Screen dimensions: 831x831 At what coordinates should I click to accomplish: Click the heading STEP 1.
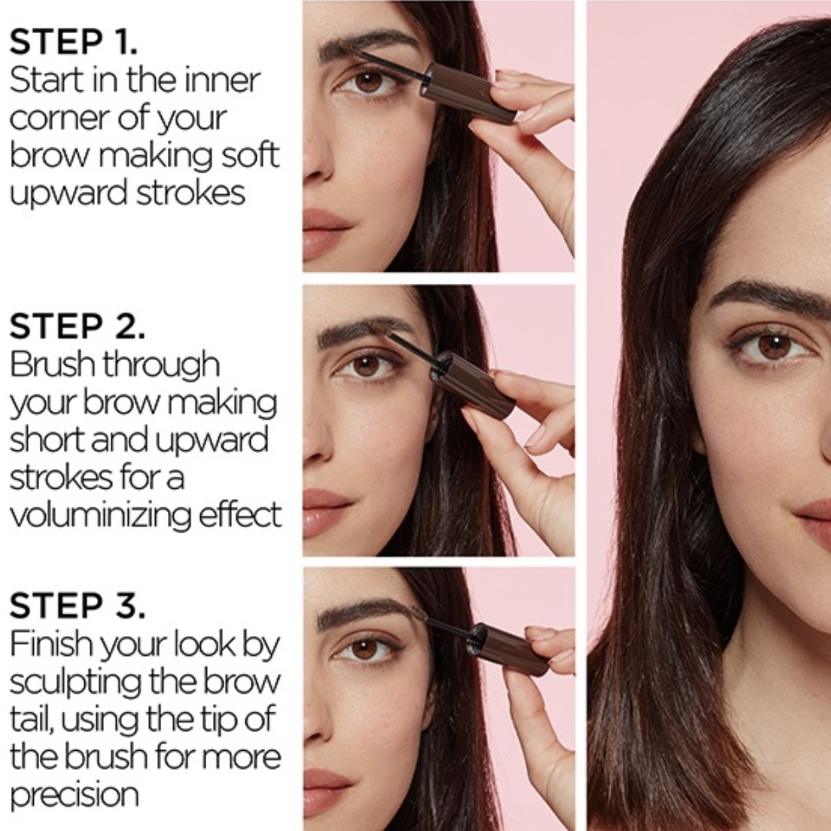click(x=74, y=42)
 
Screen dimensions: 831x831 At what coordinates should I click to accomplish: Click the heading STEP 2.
click(x=78, y=326)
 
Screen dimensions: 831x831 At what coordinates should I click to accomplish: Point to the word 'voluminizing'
click(x=100, y=516)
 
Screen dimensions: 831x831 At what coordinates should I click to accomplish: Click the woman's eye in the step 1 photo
click(x=367, y=82)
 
